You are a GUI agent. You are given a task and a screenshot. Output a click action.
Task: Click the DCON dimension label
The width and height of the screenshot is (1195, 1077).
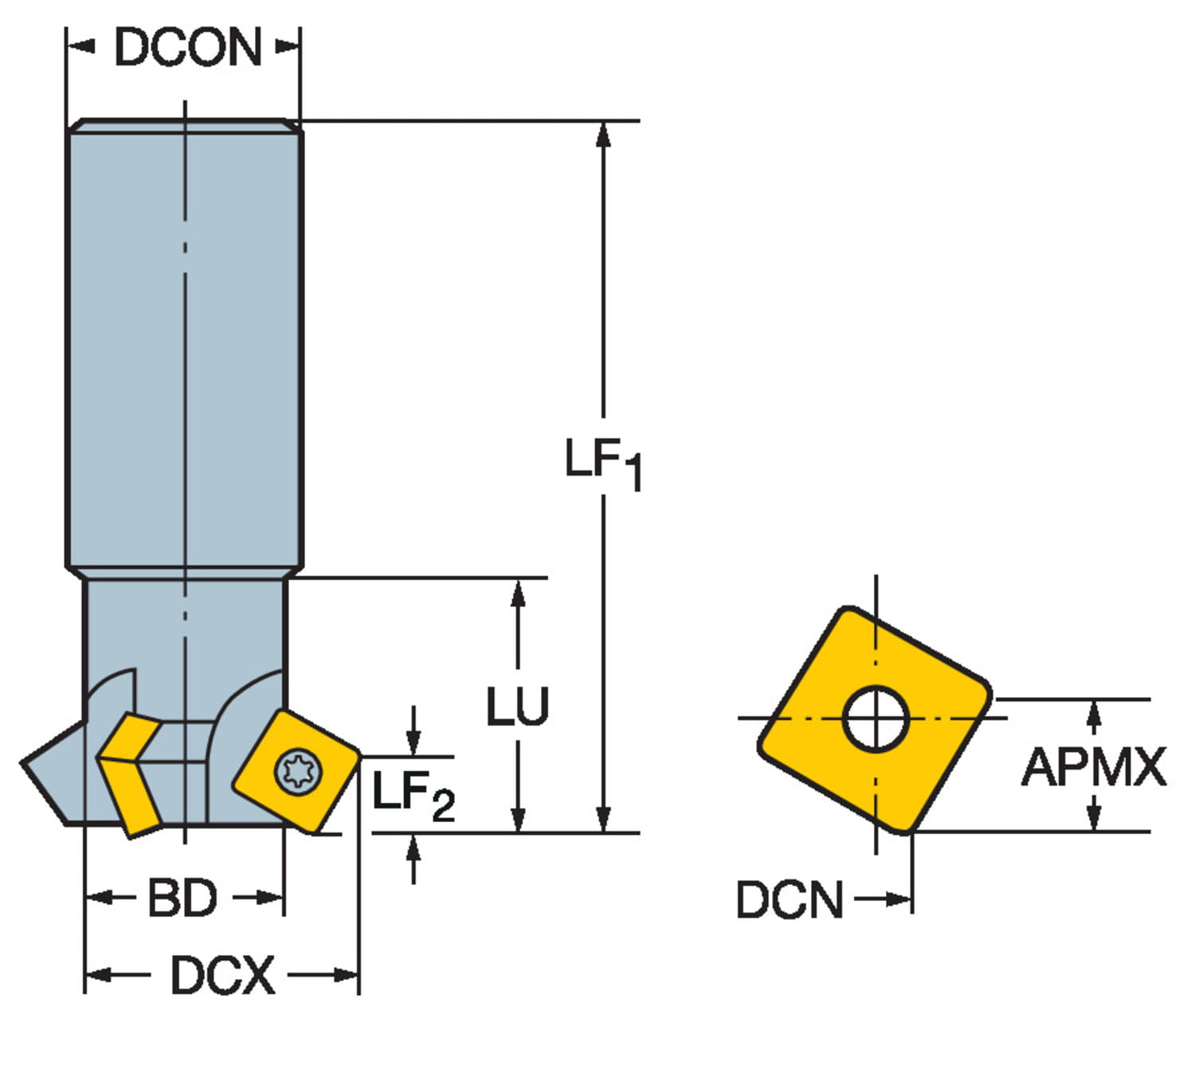coord(188,48)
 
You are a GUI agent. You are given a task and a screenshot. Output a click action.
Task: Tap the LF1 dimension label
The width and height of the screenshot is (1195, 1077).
coord(602,463)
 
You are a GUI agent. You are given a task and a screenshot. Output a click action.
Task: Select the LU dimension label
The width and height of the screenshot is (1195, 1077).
coord(518,706)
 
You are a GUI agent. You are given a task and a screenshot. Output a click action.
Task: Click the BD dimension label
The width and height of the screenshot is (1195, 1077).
coord(182,899)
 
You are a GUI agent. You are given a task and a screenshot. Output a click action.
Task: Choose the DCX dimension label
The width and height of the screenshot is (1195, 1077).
coord(222,975)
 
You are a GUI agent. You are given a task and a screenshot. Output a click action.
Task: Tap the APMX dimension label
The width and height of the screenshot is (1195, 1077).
coord(1094,767)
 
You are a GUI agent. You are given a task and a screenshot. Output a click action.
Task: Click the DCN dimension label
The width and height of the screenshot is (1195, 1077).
coord(789,900)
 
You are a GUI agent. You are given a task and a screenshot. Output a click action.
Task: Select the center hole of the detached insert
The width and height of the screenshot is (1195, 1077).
coord(876,719)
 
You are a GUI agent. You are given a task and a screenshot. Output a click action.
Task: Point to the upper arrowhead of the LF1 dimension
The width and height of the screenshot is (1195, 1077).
coord(604,135)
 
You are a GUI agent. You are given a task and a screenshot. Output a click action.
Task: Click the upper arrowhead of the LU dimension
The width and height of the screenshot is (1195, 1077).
coord(518,593)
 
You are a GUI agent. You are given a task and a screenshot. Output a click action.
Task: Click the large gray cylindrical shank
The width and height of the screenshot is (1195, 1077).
coord(185,343)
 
